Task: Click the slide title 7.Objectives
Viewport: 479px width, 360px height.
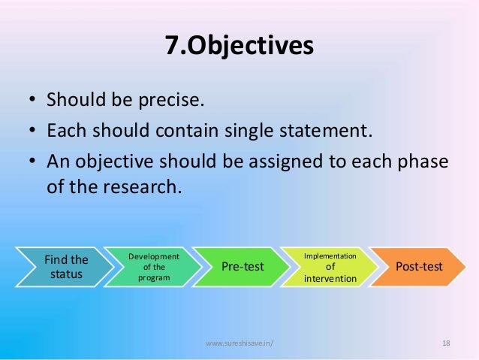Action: tap(239, 46)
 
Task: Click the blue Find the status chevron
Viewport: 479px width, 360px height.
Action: tap(66, 267)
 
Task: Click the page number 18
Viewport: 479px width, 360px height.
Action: tap(446, 343)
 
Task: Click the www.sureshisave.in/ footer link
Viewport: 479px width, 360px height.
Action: tap(239, 343)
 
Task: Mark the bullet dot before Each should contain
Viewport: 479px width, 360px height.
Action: tap(32, 132)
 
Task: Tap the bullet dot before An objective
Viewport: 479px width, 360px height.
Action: tap(32, 163)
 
